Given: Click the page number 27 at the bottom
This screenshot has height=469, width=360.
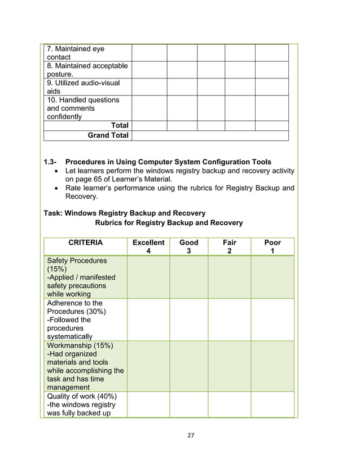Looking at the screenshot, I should [190, 435].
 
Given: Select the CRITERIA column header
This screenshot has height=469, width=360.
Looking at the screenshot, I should [85, 243].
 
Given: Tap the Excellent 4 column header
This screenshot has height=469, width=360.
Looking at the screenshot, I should [148, 247].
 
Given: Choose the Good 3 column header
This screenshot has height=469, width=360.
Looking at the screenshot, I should [188, 247].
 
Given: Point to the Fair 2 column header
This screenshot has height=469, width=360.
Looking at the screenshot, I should [229, 247].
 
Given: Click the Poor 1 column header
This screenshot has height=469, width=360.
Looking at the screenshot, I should [273, 247].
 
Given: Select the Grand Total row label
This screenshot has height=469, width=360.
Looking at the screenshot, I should [108, 135].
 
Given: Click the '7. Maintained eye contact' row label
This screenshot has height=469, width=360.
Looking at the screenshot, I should [76, 53].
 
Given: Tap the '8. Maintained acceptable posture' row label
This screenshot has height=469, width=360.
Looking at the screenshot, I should [87, 70].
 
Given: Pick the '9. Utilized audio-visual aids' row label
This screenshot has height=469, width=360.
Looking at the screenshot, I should [83, 87].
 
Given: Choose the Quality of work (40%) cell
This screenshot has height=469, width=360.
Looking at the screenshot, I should [81, 404].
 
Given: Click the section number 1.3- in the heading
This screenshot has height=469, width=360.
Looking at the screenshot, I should [51, 163].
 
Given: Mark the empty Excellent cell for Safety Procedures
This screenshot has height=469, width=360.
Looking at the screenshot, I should [148, 277].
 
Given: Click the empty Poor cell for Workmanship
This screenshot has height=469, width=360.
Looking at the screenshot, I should [273, 366].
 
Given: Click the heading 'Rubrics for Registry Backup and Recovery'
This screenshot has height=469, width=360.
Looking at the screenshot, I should [169, 223].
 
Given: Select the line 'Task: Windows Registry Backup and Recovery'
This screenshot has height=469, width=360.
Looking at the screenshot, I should [124, 213].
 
